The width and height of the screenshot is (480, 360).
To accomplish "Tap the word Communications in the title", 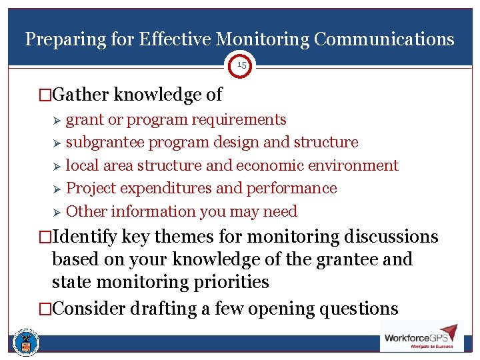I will tap(384, 39).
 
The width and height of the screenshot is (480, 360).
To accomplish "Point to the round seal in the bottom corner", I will tap(26, 343).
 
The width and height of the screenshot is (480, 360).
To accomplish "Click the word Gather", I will tap(81, 95).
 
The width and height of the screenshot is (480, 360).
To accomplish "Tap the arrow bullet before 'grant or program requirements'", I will tap(57, 121).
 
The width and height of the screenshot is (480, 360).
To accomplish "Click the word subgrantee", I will tap(105, 143).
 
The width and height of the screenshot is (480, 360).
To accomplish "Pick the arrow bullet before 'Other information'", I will tap(57, 212).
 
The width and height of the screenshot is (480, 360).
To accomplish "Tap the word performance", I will tap(292, 189).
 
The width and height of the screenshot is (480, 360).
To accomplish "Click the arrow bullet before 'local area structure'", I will tap(57, 166).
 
